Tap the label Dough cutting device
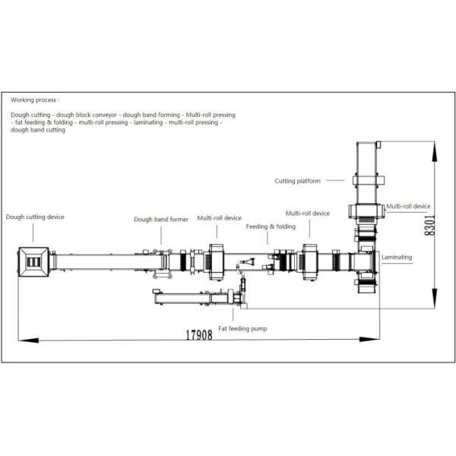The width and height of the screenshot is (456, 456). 35,217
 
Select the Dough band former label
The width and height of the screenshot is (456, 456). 161,219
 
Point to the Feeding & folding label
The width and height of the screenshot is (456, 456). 271,226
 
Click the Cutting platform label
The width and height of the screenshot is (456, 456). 297,181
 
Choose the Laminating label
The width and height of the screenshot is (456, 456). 397,257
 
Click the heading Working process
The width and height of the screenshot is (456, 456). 34,100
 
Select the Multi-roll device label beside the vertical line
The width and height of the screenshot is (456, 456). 408,206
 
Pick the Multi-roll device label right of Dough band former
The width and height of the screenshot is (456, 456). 220,217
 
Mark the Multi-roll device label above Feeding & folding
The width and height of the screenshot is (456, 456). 308,214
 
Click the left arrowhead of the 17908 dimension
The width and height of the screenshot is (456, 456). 22,340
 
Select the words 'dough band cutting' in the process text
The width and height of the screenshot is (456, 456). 38,130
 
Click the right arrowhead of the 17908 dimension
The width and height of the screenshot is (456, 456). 376,340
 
